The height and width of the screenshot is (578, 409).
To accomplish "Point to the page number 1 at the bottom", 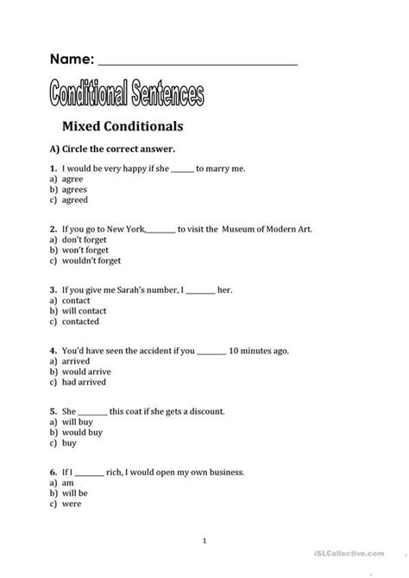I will pos(204,541).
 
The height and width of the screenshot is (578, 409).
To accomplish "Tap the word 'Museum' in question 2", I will pos(241,230).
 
